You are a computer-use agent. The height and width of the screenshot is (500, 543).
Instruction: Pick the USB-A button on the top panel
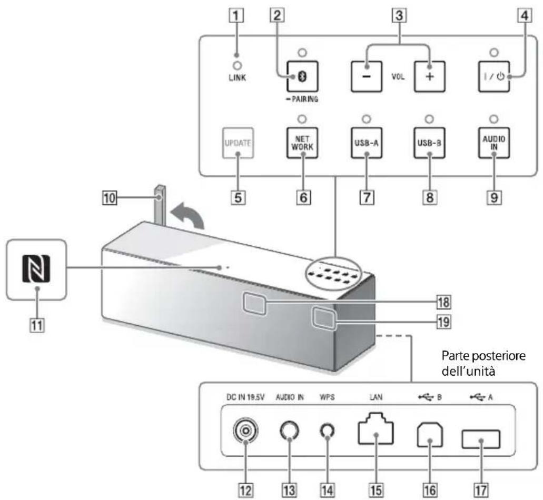pos(364,143)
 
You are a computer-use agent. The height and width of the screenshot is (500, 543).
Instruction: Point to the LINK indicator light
pos(237,66)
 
